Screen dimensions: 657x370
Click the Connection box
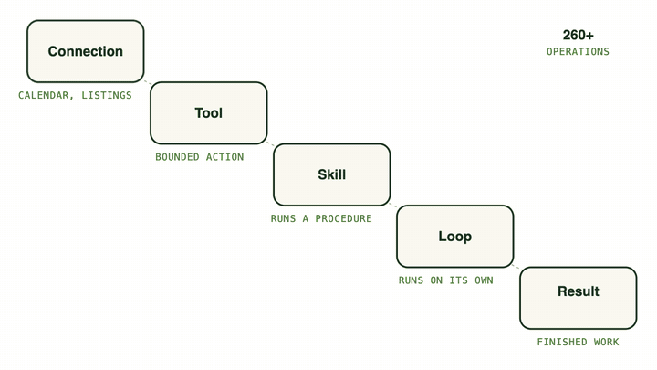point(86,51)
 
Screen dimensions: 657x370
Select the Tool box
point(209,113)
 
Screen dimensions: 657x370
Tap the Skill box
point(332,174)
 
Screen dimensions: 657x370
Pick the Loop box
point(455,237)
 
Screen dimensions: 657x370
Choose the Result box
point(579,298)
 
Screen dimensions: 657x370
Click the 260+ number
point(579,36)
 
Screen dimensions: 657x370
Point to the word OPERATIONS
point(578,51)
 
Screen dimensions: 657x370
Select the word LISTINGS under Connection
point(107,95)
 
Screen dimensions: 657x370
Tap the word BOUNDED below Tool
point(177,157)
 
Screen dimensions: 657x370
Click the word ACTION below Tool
point(224,157)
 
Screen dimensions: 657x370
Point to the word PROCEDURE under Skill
point(343,218)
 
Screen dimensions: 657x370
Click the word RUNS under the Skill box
point(283,218)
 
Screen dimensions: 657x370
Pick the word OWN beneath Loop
point(484,280)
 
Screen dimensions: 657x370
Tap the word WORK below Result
point(606,342)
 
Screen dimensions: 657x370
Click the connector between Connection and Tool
point(148,82)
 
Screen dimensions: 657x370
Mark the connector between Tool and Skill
point(271,144)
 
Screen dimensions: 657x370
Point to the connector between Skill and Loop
point(394,206)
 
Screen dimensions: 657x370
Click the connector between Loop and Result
point(517,267)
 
